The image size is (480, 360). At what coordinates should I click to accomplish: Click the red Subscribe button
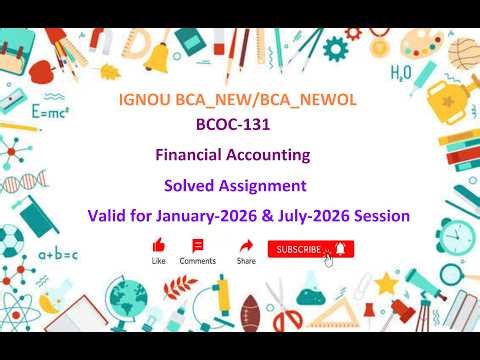[x=310, y=249]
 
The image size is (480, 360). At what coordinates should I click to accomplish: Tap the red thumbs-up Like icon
[x=158, y=245]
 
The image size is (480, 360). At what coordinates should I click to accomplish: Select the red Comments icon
[x=197, y=245]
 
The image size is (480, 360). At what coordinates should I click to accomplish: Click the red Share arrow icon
[x=246, y=245]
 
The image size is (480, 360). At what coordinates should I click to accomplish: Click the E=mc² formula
[x=49, y=112]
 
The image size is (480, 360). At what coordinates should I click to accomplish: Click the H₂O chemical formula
[x=401, y=72]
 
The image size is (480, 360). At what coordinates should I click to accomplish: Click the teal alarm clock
[x=455, y=236]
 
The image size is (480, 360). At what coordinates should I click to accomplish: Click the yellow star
[x=386, y=282]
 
